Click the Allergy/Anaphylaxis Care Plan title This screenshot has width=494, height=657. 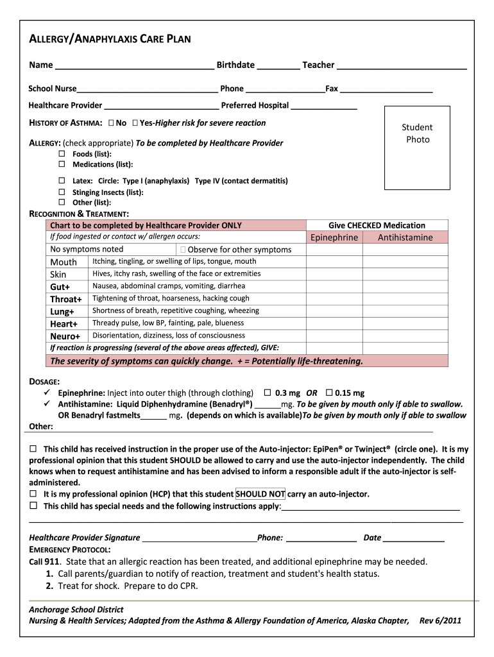(x=110, y=40)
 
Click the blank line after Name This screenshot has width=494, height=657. (x=134, y=65)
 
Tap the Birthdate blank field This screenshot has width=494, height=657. (x=278, y=65)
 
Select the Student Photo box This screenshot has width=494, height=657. (x=417, y=148)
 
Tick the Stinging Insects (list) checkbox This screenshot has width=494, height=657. (x=62, y=192)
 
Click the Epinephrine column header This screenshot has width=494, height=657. (x=334, y=237)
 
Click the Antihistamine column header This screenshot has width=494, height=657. (x=405, y=237)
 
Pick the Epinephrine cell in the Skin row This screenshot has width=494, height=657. (x=334, y=274)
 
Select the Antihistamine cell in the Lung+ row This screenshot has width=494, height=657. (x=405, y=311)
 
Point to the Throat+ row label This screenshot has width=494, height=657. (x=66, y=299)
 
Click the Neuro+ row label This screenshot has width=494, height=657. (x=65, y=336)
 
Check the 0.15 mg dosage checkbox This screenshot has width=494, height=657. (x=329, y=393)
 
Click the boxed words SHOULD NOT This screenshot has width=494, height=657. (x=260, y=494)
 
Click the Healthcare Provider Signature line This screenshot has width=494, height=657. (x=199, y=538)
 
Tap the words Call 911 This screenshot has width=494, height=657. (x=44, y=561)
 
